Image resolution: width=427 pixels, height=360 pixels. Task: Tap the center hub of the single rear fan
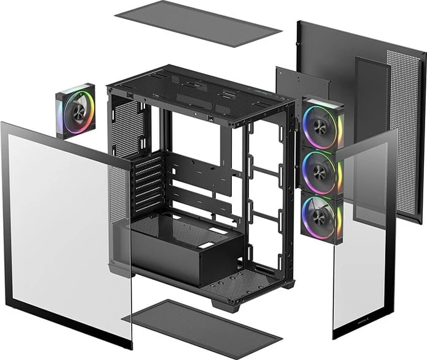(x=76, y=111)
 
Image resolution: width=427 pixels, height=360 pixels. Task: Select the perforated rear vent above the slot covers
(x=125, y=129)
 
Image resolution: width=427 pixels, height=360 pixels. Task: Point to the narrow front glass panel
(x=361, y=245)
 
